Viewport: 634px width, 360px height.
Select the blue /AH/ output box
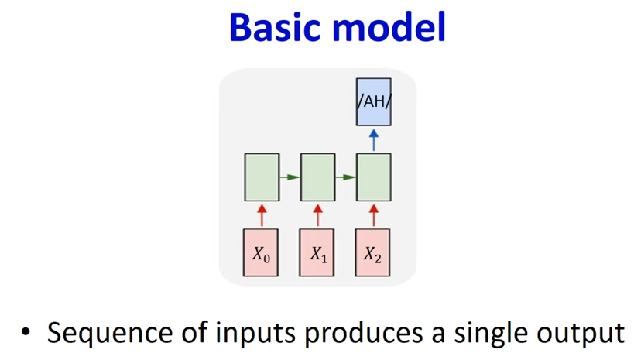click(x=374, y=102)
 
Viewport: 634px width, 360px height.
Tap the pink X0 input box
click(x=261, y=253)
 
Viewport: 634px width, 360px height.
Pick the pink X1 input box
click(x=317, y=253)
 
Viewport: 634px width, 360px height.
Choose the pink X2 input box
click(x=373, y=253)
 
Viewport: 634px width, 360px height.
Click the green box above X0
click(x=262, y=177)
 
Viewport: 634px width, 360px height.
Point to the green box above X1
click(x=318, y=177)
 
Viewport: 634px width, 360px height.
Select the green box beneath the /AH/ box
click(x=374, y=177)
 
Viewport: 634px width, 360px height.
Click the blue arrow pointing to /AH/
click(x=374, y=140)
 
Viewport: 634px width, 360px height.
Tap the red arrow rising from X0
click(x=262, y=215)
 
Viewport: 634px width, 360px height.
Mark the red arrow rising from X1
click(x=318, y=215)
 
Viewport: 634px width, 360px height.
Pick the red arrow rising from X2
click(x=374, y=215)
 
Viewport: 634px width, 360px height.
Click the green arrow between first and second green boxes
click(x=290, y=177)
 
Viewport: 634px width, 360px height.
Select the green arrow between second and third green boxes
click(x=346, y=177)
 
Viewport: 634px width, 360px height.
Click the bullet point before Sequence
click(x=26, y=332)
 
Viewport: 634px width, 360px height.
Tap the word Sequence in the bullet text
click(x=111, y=334)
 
